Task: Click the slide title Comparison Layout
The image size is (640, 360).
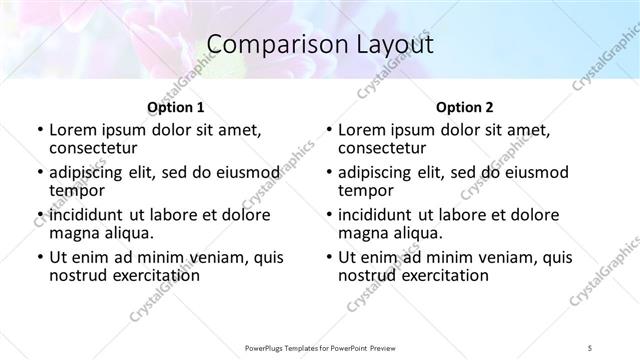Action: click(320, 45)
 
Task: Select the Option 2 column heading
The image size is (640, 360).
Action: click(465, 107)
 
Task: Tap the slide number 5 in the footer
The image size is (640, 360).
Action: click(591, 347)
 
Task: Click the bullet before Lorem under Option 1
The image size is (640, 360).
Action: click(39, 131)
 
